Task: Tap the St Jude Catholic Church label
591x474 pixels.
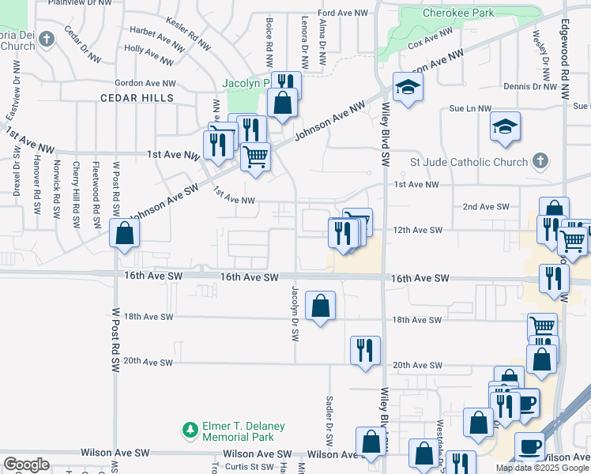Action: coord(469,163)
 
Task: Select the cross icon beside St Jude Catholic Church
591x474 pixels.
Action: coord(540,162)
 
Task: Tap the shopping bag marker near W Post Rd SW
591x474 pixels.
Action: coord(124,234)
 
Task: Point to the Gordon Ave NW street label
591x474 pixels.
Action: coord(145,83)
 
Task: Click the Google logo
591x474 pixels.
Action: coord(26,465)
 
